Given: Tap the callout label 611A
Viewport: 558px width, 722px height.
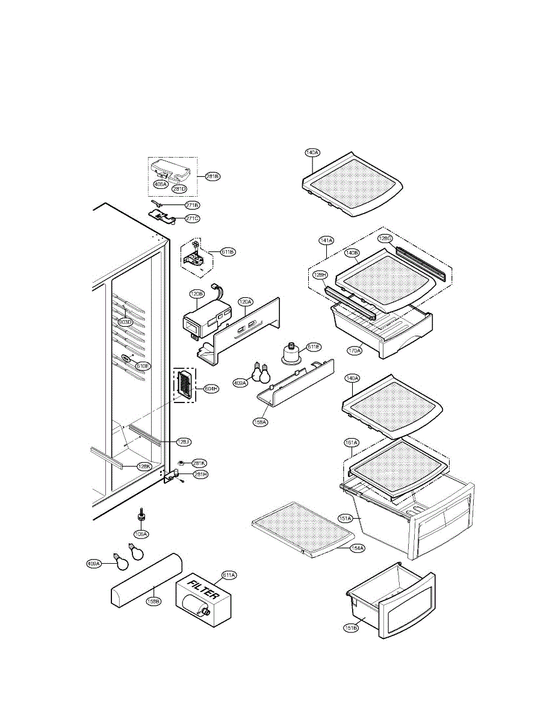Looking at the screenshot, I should pos(229,575).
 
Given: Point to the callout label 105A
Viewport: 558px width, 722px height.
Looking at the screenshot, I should pos(142,533).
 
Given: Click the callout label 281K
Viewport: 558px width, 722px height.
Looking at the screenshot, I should pos(199,463).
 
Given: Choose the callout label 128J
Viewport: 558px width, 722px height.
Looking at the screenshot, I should pos(184,442).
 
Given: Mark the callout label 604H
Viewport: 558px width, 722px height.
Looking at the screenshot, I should pos(211,388).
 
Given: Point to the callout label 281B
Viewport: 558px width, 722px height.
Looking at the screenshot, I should pos(212,176).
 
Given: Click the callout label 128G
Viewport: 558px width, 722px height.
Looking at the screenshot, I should pos(385,238).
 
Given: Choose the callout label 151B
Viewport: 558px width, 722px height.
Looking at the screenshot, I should pos(351,628).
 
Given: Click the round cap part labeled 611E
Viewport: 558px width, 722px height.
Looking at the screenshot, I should pos(293,354).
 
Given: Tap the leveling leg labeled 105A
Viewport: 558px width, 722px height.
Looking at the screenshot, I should pos(141,514).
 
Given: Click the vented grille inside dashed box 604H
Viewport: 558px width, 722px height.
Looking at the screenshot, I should pos(185,384).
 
